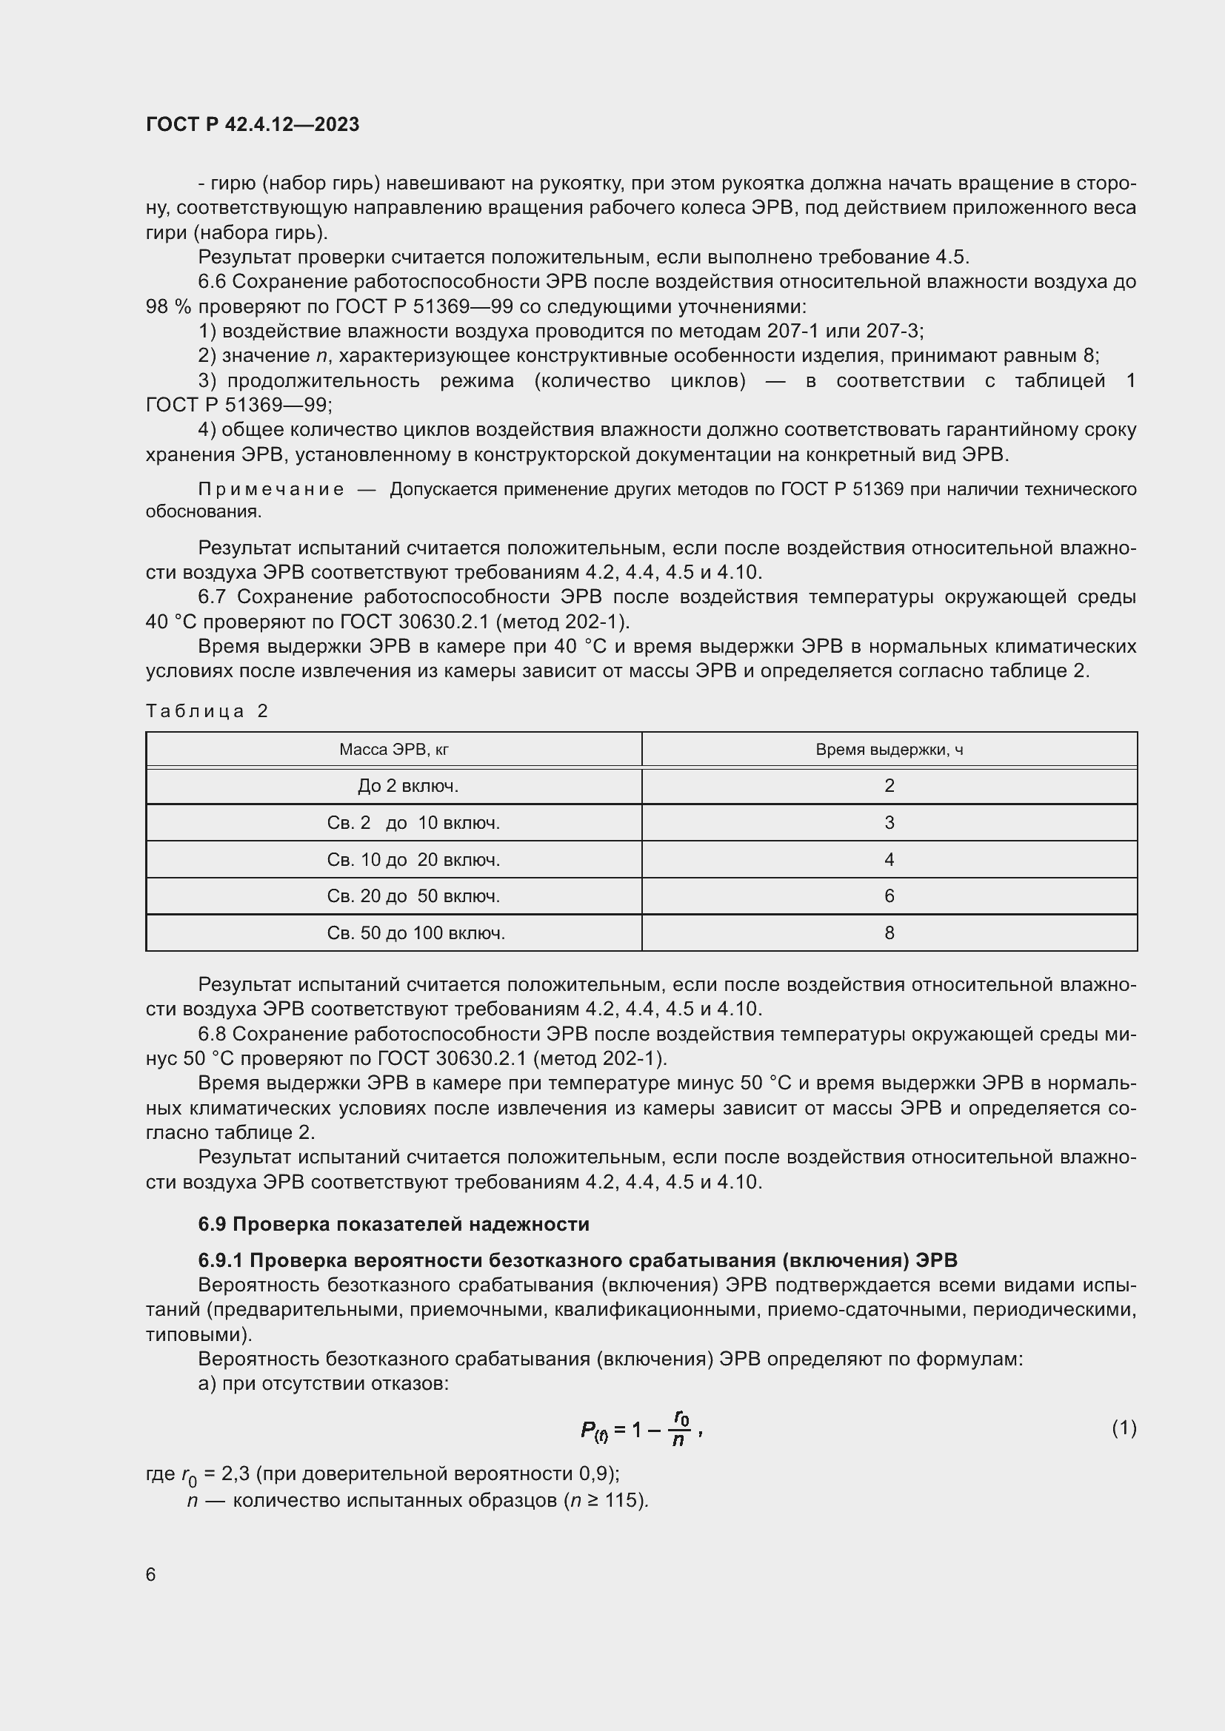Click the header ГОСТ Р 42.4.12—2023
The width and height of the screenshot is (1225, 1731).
click(252, 124)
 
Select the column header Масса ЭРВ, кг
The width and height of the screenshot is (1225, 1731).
click(394, 750)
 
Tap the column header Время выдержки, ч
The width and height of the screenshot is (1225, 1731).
click(889, 750)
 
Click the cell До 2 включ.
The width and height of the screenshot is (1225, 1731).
click(407, 786)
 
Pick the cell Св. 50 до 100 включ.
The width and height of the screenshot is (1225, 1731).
click(415, 932)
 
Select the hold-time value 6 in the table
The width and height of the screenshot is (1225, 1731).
click(889, 895)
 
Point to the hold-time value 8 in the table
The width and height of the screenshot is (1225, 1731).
click(889, 932)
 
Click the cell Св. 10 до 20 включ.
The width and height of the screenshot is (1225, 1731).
click(413, 859)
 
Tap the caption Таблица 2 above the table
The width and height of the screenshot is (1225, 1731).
click(207, 711)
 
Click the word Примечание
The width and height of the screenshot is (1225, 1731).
click(271, 489)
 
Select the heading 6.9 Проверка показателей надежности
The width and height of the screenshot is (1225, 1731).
click(393, 1223)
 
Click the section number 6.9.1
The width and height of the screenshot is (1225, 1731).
click(220, 1260)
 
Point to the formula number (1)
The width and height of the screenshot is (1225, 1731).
click(1124, 1428)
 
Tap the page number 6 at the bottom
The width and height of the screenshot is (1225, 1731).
click(151, 1574)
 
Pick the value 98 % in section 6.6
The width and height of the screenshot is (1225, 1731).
click(168, 306)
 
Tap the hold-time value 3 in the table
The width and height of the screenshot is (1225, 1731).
click(889, 822)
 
